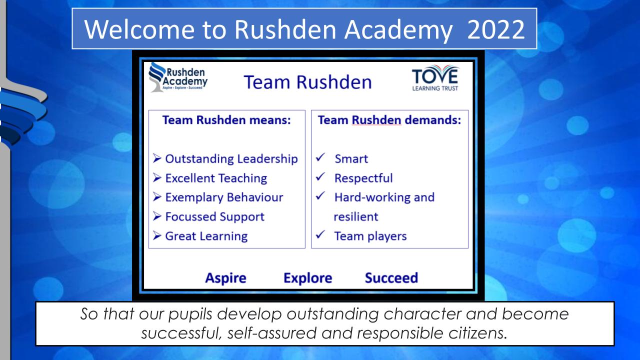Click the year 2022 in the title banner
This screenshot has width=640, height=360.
pos(496,29)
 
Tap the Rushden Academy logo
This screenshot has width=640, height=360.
pos(178,77)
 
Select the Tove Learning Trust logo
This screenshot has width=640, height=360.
pos(435,78)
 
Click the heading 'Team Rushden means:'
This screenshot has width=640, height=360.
pos(226,120)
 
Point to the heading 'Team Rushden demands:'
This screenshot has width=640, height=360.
pos(389,120)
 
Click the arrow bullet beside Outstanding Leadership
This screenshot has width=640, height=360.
pos(157,158)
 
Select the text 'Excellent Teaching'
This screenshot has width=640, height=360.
pos(216,178)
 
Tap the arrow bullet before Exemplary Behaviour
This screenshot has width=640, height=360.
pos(157,196)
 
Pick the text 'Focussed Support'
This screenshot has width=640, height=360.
pos(215,217)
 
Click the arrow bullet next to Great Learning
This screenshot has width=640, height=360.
pos(157,235)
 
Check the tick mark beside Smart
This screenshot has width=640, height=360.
pos(320,157)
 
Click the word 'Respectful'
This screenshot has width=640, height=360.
pos(363,178)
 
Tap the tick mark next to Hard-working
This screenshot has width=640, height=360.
pos(320,195)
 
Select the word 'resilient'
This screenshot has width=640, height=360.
pos(356,217)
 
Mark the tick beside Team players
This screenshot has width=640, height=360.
pos(320,234)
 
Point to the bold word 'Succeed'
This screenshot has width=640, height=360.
pos(391,278)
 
